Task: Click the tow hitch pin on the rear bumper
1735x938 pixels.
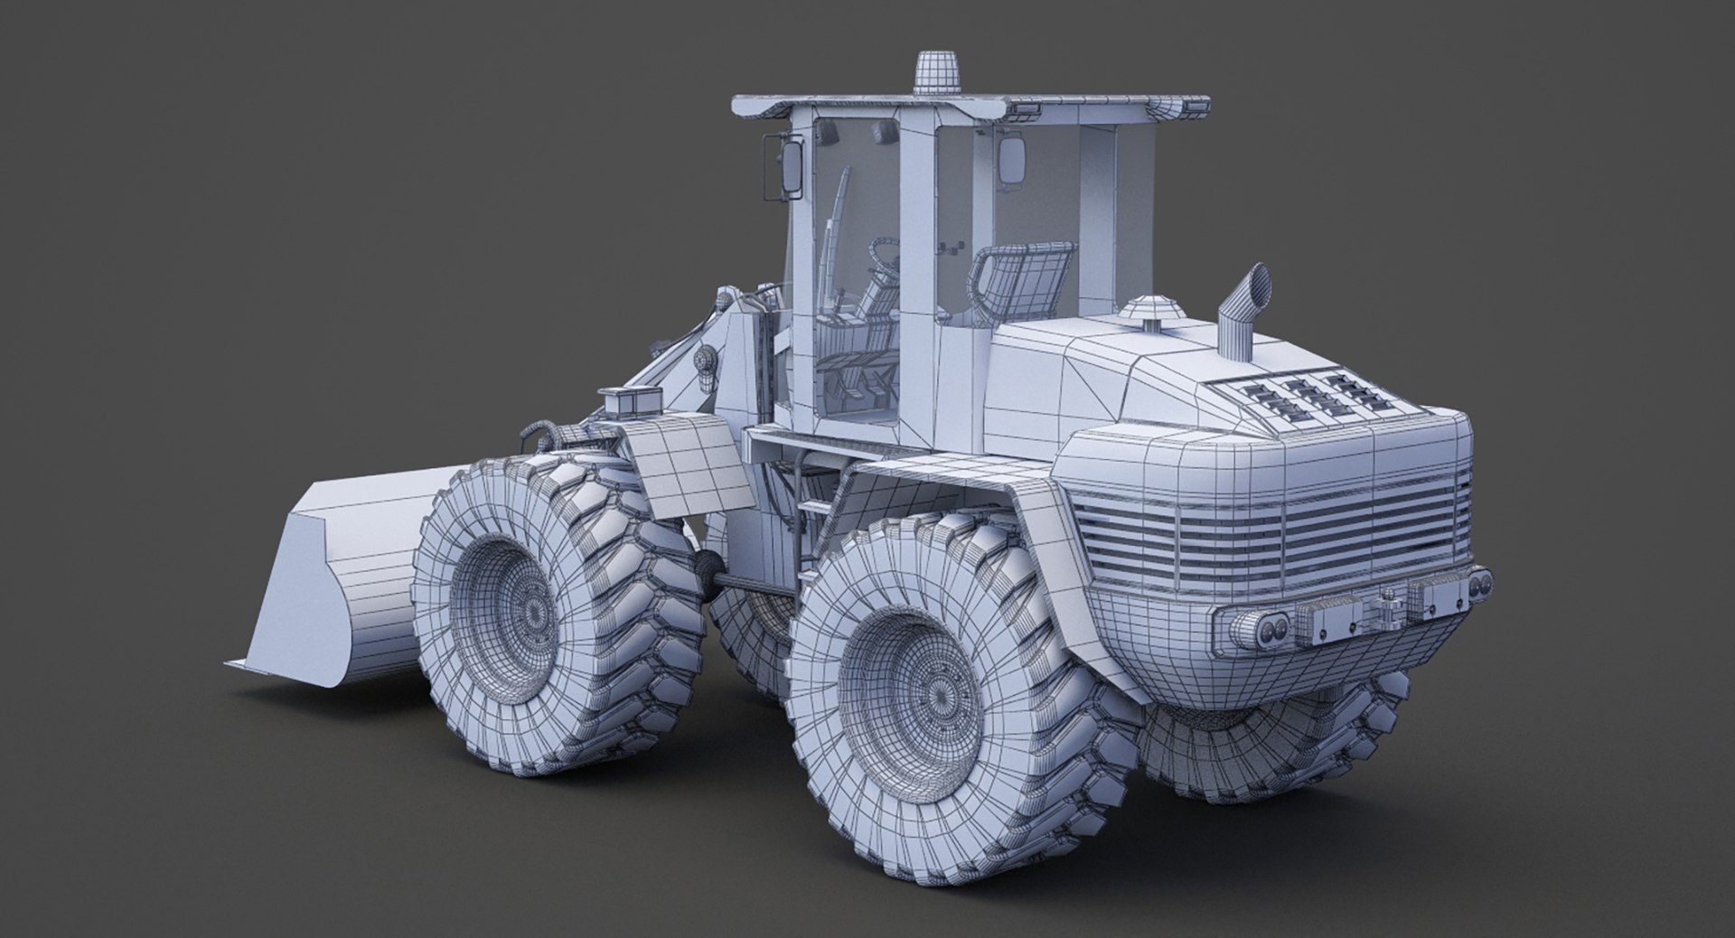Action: [x=1381, y=607]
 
